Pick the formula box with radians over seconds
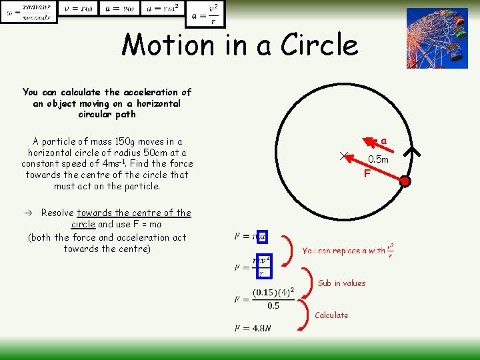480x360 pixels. tap(29, 12)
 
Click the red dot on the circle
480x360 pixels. tap(405, 181)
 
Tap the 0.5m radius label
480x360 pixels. tap(378, 159)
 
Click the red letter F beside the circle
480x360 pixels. tap(367, 174)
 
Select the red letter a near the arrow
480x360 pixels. tap(384, 140)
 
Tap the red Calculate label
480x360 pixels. tap(331, 315)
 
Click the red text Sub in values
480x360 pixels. tap(341, 283)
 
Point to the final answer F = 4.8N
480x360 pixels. tap(253, 328)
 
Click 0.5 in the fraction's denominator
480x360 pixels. tap(273, 306)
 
